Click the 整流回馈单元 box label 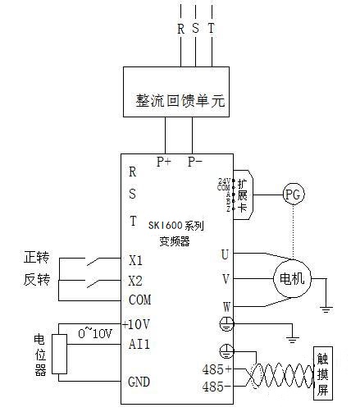pos(180,102)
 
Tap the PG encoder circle pos(293,195)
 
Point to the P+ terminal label pos(164,162)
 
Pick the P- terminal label pos(195,162)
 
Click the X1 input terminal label pos(136,261)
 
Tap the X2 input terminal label pos(136,280)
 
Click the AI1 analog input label pos(139,343)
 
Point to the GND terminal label pos(139,382)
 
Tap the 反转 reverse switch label pos(38,281)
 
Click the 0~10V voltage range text pos(93,333)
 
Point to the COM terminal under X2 pos(139,300)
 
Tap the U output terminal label pos(225,254)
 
